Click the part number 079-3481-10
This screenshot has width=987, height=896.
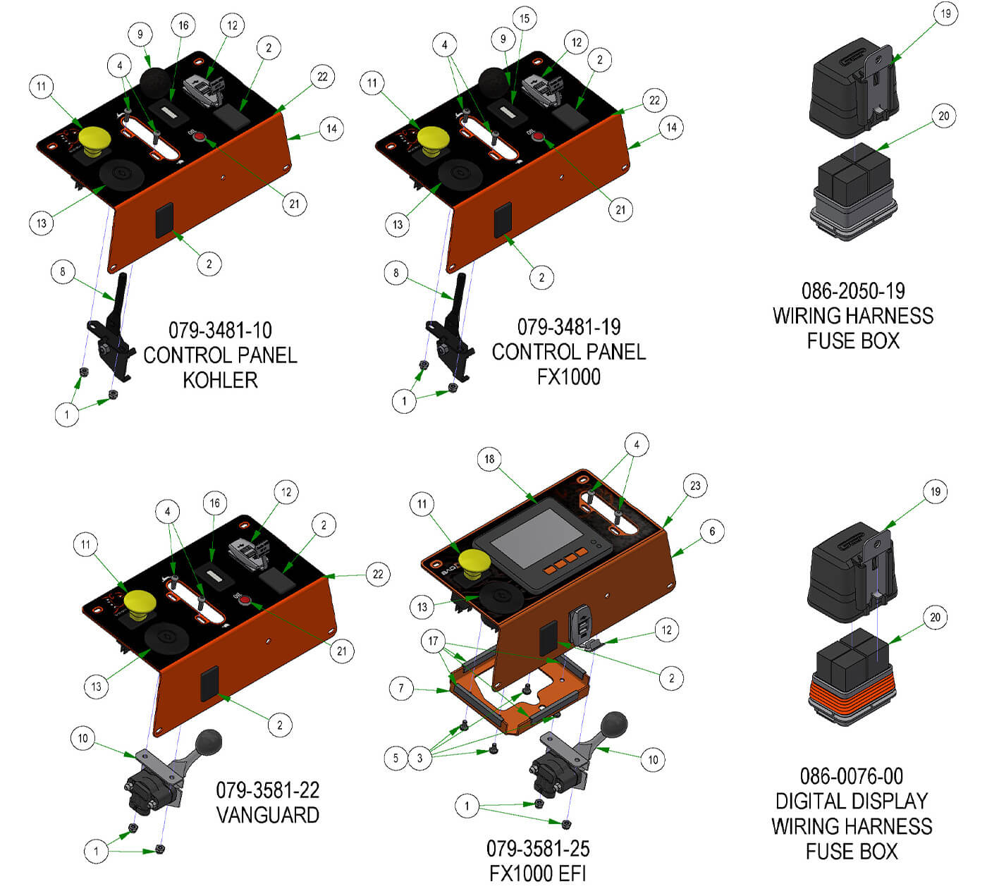coord(220,330)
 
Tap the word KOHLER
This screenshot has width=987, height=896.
coord(220,380)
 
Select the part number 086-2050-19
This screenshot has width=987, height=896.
coord(853,290)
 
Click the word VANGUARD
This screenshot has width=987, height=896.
coord(267,815)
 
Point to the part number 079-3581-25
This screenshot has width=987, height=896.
coord(538,848)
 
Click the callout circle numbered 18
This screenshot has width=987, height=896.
coord(489,460)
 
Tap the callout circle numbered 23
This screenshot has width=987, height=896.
coord(695,486)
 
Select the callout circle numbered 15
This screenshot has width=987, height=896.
coord(524,18)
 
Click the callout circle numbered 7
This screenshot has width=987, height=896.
coord(401,688)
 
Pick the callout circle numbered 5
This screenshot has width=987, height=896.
coord(396,758)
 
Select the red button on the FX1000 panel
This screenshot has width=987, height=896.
coord(539,137)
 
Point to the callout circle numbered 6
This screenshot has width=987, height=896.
coord(712,532)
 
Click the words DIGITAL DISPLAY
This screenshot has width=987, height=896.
coord(852,801)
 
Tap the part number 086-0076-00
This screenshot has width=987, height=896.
coord(852,776)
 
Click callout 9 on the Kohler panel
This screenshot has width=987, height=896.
coord(140,34)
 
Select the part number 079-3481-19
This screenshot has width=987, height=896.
coord(569,326)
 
